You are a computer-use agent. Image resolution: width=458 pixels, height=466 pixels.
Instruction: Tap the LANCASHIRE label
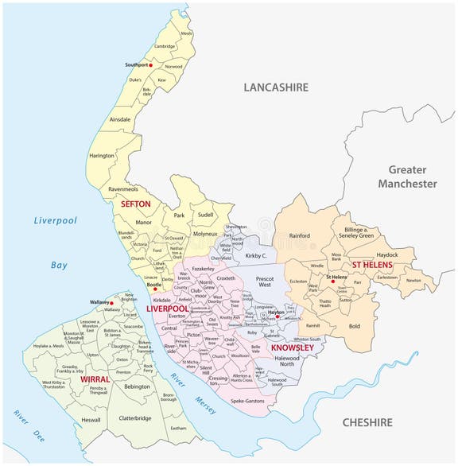(x=276, y=87)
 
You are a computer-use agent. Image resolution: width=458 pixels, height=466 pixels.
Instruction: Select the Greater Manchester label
(x=407, y=177)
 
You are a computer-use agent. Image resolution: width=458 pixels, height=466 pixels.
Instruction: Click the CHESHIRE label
(x=367, y=422)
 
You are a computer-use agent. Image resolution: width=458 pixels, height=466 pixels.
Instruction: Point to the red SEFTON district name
(x=135, y=204)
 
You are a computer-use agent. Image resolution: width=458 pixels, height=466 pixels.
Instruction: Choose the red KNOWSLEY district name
(x=292, y=348)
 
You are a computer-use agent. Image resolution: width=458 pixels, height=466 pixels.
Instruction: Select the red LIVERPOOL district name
(x=166, y=308)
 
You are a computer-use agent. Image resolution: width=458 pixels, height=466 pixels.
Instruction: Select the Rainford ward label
(x=300, y=235)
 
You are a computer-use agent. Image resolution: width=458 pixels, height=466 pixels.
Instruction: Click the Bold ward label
(x=354, y=326)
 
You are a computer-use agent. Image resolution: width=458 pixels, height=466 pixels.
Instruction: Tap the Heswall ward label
(x=91, y=419)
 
